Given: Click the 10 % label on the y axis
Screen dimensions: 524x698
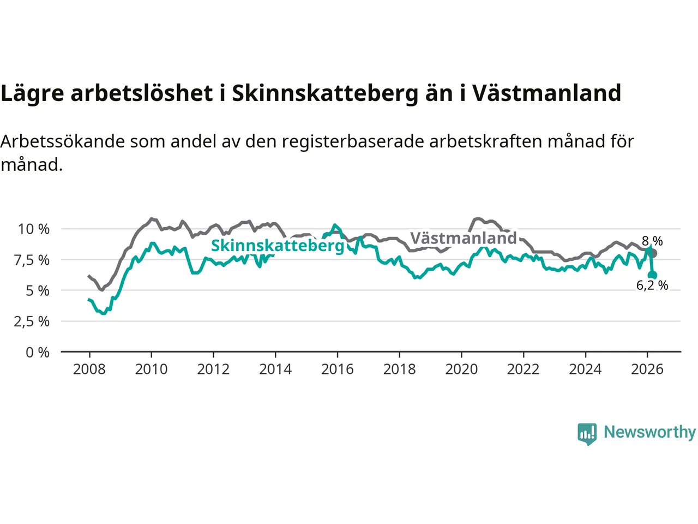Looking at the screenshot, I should point(34,229).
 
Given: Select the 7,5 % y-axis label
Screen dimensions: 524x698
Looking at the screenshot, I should point(32,260).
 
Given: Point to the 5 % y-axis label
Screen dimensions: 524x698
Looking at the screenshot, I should point(37,291).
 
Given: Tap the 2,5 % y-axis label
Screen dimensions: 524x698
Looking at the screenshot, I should point(32,321).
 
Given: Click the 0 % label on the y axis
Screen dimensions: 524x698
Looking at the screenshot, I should point(37,353).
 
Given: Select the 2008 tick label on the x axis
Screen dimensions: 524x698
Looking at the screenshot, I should point(89,370).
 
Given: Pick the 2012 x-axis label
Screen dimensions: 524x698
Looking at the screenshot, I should point(213,370).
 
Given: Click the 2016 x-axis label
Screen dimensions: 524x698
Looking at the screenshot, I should point(337,370).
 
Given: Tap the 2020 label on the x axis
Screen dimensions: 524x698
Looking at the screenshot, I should point(461,370).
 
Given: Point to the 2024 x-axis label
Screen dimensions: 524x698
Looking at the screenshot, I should point(585,370).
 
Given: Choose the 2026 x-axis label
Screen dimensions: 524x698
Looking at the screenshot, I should point(647,370).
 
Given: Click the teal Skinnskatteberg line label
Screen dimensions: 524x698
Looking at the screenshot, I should point(278,246).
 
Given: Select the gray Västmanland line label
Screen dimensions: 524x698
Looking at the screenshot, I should point(464,238).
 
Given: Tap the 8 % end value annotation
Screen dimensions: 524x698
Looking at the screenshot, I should point(652,241).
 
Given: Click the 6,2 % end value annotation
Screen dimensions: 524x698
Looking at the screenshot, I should point(652,285).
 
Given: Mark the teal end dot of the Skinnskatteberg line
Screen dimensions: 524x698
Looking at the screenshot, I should point(653,275).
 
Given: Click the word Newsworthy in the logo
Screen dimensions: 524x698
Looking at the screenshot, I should point(649,432).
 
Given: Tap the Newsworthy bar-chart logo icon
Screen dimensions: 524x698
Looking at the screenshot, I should point(587,434).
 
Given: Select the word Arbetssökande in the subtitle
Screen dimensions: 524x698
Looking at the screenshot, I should point(63,141).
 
